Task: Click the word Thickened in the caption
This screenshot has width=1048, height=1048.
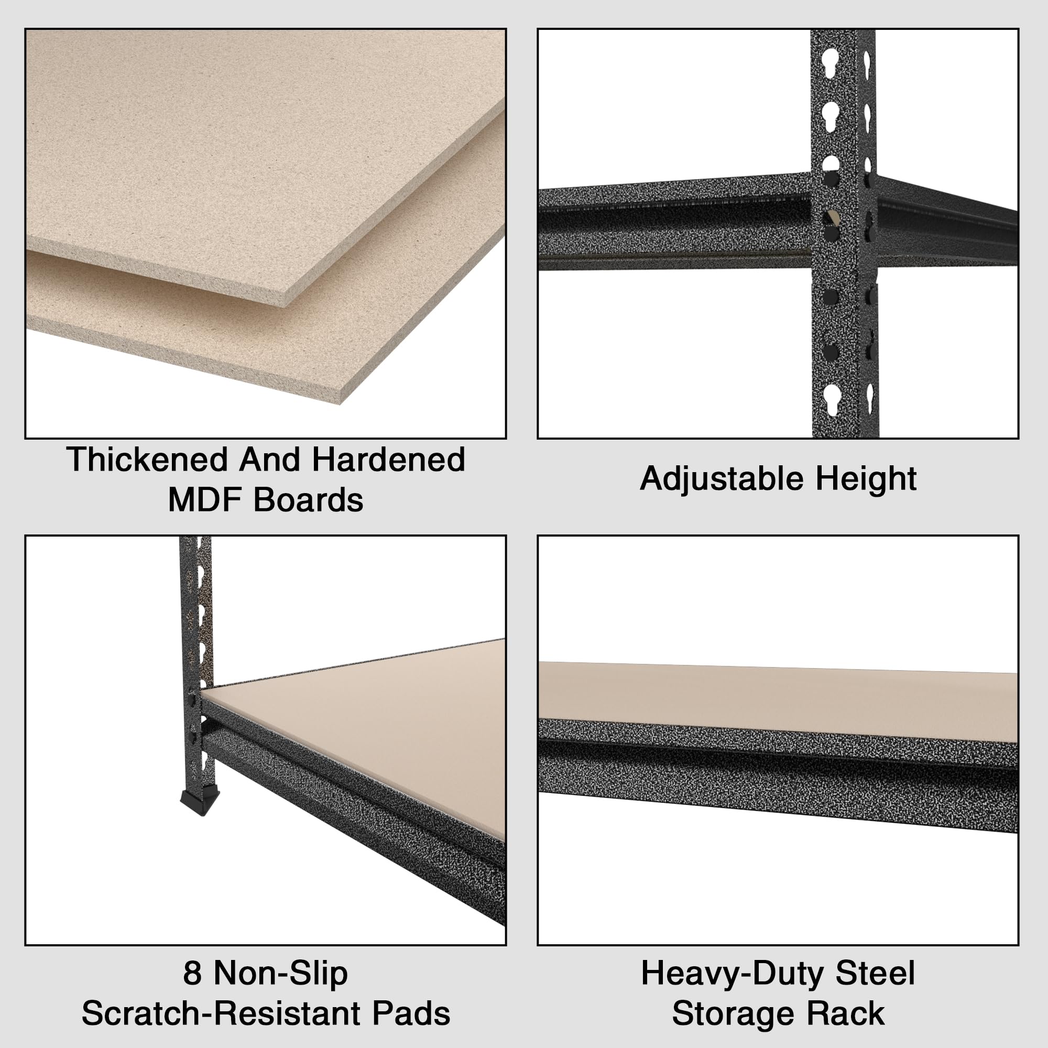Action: click(x=147, y=460)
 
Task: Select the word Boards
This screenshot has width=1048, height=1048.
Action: click(x=308, y=499)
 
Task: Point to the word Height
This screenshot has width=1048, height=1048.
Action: click(x=866, y=478)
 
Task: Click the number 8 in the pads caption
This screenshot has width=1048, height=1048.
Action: click(x=192, y=973)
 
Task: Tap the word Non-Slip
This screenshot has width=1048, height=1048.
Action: click(x=280, y=973)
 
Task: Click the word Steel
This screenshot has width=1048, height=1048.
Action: click(x=875, y=973)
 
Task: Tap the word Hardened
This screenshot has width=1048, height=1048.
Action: click(x=388, y=460)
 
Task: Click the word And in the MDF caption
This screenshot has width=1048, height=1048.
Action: click(x=269, y=460)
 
